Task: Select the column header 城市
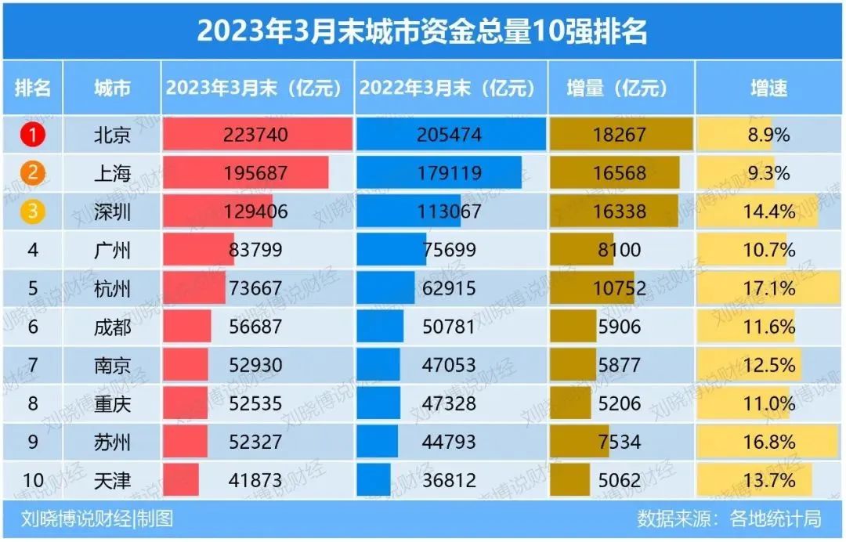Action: point(111,88)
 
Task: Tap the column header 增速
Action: point(768,88)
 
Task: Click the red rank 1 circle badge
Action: point(32,135)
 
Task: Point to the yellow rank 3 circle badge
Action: point(32,211)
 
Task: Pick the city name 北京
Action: point(111,135)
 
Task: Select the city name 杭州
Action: point(111,288)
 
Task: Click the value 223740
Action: point(255,135)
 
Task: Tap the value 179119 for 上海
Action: point(448,173)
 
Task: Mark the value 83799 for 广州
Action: point(255,250)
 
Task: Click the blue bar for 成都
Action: point(380,327)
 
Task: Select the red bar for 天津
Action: point(181,479)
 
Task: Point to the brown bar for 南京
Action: point(573,365)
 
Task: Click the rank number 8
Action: point(32,403)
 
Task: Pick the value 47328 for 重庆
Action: point(448,403)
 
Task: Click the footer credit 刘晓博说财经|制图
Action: point(98,519)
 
